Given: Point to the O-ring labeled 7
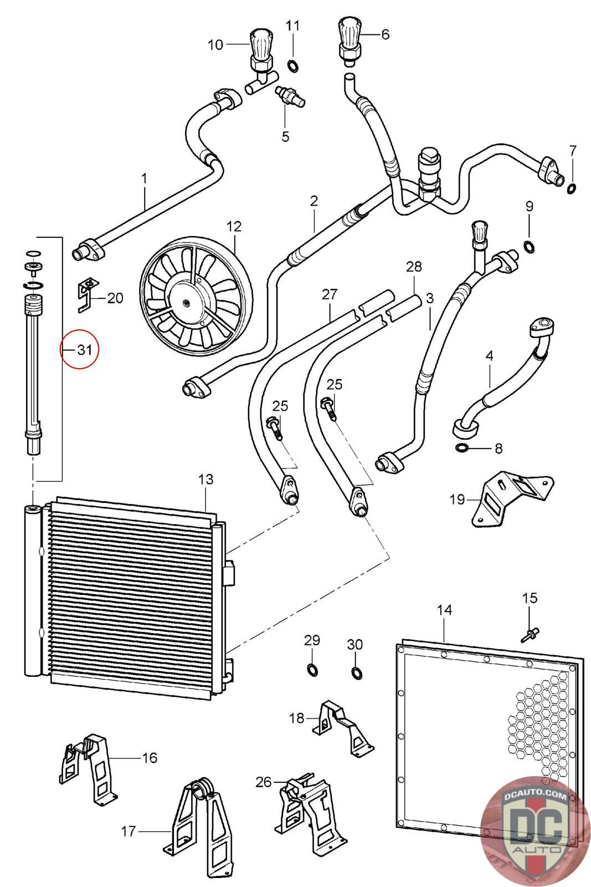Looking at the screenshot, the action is pos(571,188).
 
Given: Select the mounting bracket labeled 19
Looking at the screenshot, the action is pos(513,498).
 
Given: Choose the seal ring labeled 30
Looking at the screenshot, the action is pos(356,671).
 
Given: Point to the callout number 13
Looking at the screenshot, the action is pos(205,480).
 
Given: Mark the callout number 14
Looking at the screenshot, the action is pos(444,610).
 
